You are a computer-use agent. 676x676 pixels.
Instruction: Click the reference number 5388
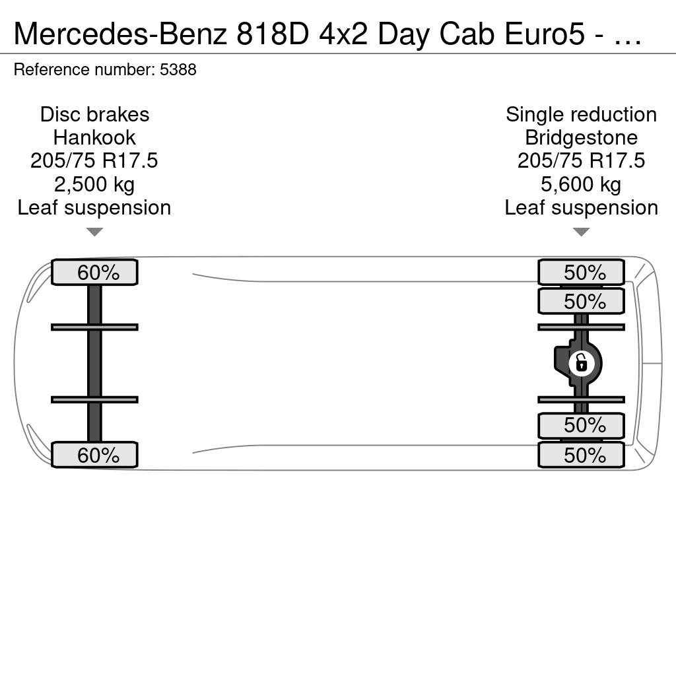178,69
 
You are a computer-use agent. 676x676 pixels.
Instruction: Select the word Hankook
94,137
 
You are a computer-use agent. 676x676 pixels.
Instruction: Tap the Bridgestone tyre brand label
581,137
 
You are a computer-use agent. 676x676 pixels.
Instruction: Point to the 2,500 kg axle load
94,184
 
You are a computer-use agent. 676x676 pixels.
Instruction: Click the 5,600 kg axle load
581,184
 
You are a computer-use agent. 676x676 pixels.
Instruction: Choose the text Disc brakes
94,114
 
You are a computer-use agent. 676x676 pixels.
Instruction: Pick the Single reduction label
581,114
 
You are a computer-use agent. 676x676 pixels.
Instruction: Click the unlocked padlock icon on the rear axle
581,364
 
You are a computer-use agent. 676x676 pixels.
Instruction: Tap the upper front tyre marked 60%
94,272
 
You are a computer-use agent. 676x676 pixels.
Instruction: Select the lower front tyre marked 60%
94,454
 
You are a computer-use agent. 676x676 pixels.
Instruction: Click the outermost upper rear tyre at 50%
581,272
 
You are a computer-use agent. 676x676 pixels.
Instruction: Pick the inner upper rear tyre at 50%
581,301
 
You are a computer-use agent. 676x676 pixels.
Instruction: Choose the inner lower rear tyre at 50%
581,426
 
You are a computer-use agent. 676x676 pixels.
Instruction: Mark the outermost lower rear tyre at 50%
581,454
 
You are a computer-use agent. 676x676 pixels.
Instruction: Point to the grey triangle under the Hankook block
94,232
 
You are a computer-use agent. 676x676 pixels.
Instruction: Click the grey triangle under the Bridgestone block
581,232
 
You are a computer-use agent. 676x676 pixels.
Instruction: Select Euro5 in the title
545,34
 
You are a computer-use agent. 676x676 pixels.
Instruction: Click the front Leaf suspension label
94,207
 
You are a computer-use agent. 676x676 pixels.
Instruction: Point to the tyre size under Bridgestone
581,161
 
